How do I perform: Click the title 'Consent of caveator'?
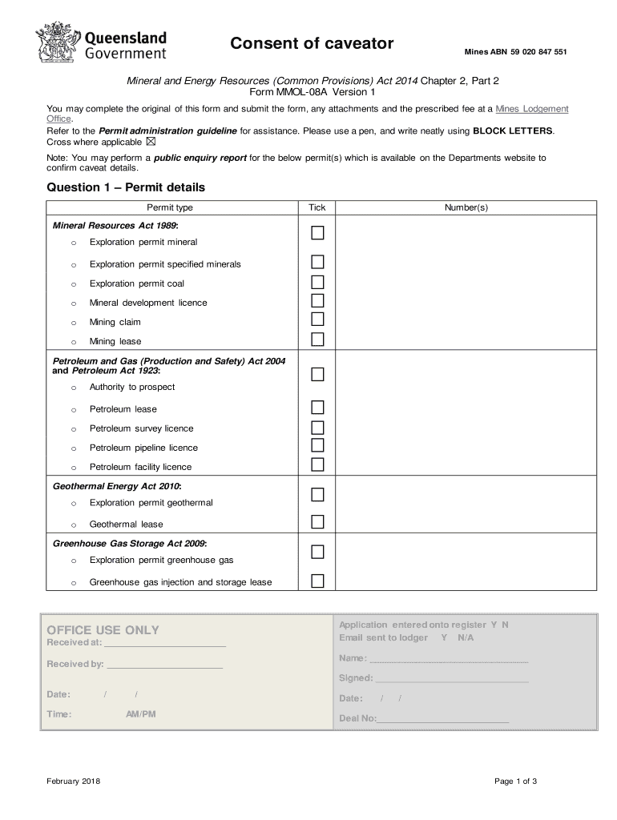[x=312, y=43]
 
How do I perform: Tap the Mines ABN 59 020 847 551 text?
[x=515, y=52]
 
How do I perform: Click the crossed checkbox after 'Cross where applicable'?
[x=151, y=142]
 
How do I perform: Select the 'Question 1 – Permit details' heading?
[x=126, y=187]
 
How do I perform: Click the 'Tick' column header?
[x=317, y=207]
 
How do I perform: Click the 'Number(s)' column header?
[x=466, y=207]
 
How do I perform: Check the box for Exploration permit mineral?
[x=318, y=233]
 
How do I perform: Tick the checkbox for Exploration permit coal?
[x=318, y=282]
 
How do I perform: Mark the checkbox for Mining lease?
[x=318, y=340]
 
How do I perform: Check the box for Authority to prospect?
[x=318, y=375]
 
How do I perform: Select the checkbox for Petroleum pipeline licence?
[x=318, y=446]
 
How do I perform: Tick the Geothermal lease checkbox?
[x=318, y=522]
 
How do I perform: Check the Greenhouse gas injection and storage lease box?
[x=318, y=581]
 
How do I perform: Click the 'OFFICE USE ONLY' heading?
[x=103, y=630]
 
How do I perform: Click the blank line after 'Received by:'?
[x=164, y=665]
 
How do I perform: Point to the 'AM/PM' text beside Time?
[x=141, y=714]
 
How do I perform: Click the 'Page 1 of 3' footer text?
[x=515, y=782]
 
